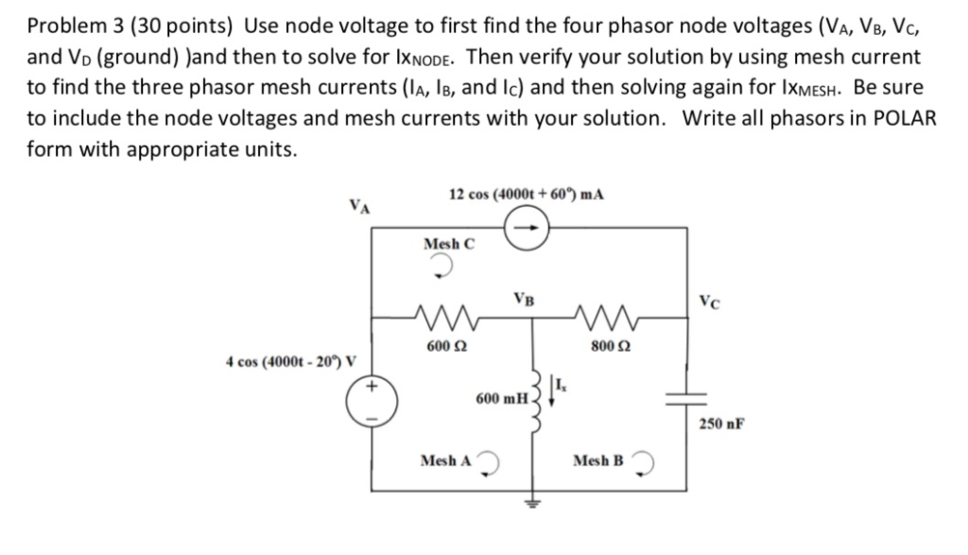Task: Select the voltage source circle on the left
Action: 371,401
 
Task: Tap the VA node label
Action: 359,203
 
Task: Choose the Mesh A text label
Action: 445,460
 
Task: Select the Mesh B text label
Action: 598,460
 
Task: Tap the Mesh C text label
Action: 449,243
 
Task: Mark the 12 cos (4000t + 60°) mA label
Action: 527,194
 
